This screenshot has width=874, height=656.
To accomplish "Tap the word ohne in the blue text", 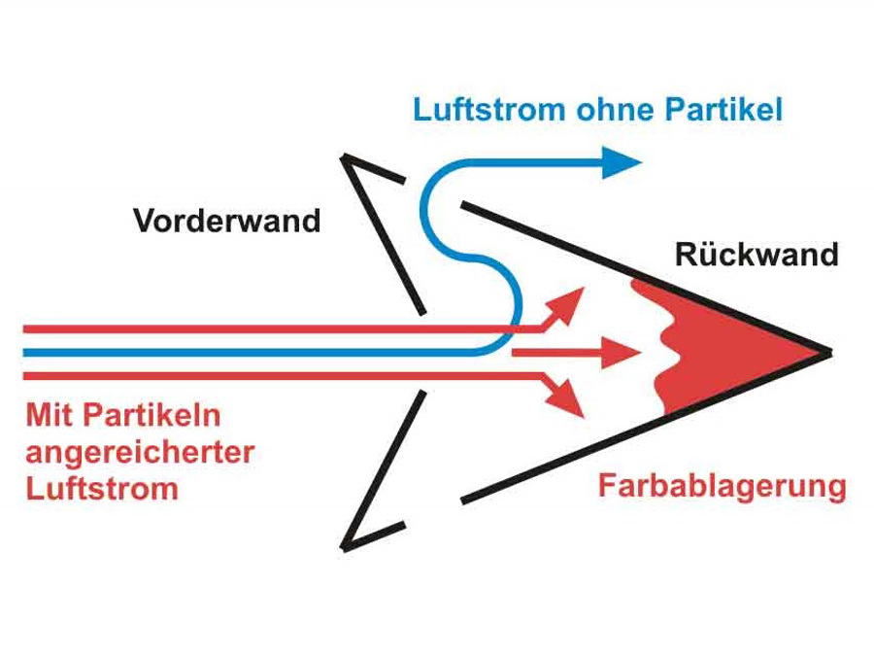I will tap(610, 109).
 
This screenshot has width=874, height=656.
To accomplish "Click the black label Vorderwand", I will tap(226, 221).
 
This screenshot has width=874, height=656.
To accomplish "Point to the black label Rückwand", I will tap(756, 255).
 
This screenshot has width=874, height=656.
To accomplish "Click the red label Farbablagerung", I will tap(722, 485).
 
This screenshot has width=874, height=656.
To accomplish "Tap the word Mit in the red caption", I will tap(50, 416).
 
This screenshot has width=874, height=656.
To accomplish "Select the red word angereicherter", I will tap(141, 452).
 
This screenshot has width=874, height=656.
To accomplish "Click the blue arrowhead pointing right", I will tap(620, 161).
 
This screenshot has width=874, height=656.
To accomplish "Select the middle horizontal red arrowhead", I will tap(622, 352).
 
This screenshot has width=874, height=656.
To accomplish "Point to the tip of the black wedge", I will tap(828, 352).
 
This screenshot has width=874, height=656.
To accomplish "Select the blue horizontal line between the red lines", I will tap(243, 352).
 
